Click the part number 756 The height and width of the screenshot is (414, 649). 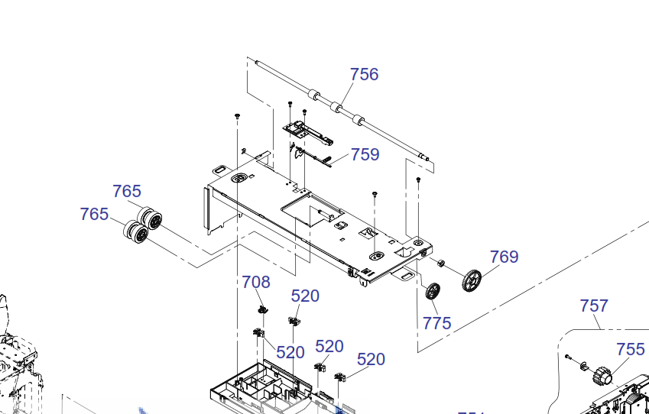(364, 74)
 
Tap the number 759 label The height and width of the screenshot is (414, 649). (365, 154)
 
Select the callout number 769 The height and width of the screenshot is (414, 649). (504, 257)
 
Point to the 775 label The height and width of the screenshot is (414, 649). (436, 323)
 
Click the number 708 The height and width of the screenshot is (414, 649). (256, 282)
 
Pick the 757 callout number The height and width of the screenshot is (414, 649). (594, 306)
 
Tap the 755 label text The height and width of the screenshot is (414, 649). (630, 349)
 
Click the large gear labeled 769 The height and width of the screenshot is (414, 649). (472, 280)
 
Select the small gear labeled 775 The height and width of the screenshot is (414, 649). (433, 291)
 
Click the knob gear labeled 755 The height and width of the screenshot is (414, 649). (602, 375)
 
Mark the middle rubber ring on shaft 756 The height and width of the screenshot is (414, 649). (335, 107)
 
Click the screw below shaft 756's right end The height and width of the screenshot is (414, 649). (418, 180)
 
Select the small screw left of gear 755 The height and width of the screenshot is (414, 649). (568, 357)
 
